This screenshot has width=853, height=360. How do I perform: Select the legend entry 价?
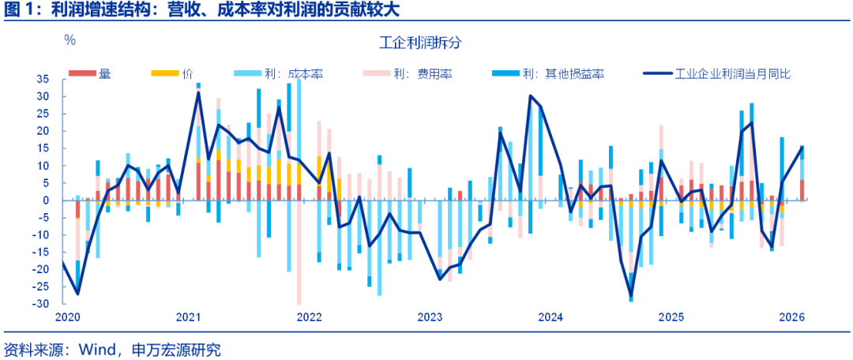pos(187,74)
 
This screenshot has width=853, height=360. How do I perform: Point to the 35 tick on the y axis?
pos(43,80)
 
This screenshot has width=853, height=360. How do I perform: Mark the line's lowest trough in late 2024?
pos(631,298)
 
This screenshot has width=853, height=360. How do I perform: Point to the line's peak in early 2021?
pos(198,92)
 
